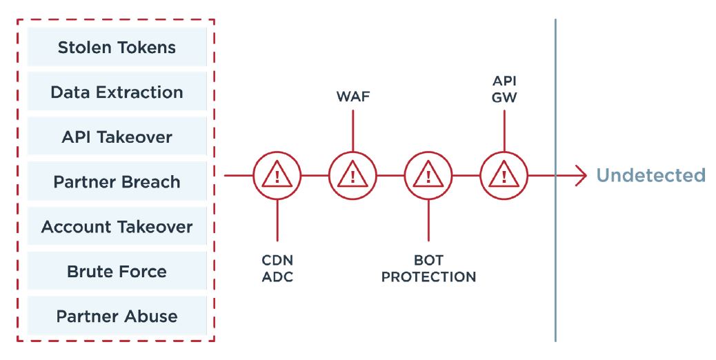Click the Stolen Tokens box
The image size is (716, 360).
point(117,48)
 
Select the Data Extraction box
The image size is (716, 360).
point(117,92)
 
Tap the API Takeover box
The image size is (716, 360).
point(117,137)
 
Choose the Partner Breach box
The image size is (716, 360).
point(117,182)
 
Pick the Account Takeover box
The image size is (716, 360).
point(117,227)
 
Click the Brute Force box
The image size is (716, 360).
point(117,272)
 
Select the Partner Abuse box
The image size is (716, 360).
point(117,317)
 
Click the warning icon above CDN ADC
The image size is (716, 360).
point(277,176)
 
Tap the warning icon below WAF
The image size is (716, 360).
point(352,176)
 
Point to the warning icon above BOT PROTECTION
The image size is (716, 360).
point(428,176)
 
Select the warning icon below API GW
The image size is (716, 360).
point(504,176)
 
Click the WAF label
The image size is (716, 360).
point(352,97)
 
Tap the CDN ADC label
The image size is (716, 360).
point(277,269)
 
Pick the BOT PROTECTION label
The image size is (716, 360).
point(428,269)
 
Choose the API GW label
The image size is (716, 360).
point(504,90)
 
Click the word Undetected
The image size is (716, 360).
point(650,176)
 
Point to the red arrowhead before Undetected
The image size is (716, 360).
point(580,176)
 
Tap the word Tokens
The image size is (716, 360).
point(144,48)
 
